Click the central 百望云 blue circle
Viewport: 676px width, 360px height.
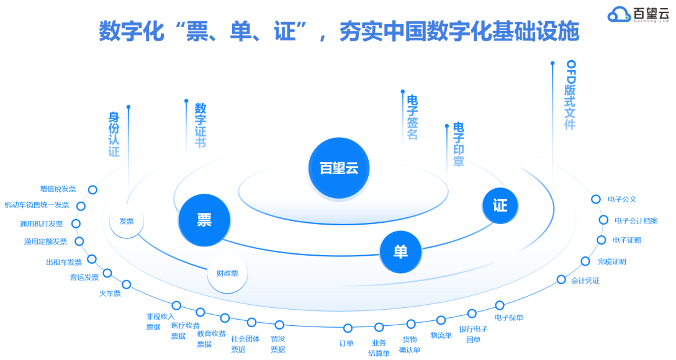(x=338, y=168)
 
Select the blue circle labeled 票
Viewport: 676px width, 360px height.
(x=204, y=220)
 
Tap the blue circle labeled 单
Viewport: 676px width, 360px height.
(x=400, y=251)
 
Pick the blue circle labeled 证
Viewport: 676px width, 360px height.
(x=500, y=205)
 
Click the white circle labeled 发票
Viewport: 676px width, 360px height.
(x=127, y=221)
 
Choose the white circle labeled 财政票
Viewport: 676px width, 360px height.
(x=227, y=272)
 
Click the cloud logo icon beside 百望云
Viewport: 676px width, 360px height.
(x=619, y=14)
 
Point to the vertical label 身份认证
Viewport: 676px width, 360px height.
(x=114, y=134)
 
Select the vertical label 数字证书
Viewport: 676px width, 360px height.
(x=201, y=125)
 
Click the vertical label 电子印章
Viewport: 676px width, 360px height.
(x=459, y=145)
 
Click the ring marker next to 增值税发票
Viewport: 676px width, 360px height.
(x=92, y=190)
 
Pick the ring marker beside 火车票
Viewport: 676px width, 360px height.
(x=127, y=284)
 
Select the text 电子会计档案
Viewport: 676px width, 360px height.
(x=636, y=220)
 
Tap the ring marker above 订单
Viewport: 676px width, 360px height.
(x=348, y=328)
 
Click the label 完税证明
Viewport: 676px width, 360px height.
(x=611, y=261)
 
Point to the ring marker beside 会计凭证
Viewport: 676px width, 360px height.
(x=561, y=279)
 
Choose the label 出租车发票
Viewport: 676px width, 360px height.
(x=64, y=262)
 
